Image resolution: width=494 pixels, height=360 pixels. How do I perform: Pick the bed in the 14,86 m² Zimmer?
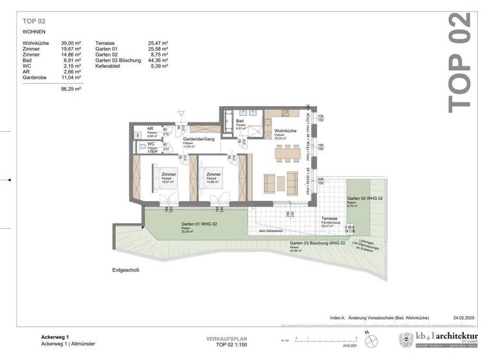point(214,177)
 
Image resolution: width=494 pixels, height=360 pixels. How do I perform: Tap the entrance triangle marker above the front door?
point(181,114)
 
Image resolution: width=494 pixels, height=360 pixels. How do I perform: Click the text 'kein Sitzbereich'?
point(271,231)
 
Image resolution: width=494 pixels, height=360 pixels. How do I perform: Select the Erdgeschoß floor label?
point(125,271)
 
